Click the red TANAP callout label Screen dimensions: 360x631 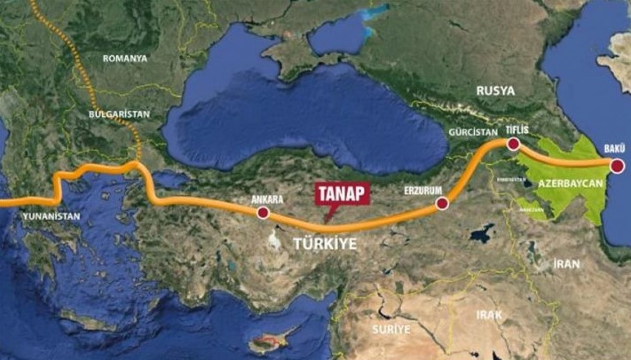[342, 193]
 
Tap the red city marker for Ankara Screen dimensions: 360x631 [262, 213]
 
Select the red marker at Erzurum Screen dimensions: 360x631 [442, 204]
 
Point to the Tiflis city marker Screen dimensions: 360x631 [513, 143]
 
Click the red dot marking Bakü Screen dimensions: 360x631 [617, 167]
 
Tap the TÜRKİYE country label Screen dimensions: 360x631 [324, 244]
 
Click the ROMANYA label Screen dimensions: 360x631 [125, 58]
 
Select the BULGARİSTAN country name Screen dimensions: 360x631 [119, 114]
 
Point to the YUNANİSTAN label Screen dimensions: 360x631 [51, 216]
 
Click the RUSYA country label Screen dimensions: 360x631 [495, 90]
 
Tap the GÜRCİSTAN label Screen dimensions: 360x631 [473, 132]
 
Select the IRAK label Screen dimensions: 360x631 [489, 315]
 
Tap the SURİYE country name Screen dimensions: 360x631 [390, 330]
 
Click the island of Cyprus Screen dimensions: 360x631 [268, 344]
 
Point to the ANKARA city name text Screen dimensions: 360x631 [267, 200]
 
